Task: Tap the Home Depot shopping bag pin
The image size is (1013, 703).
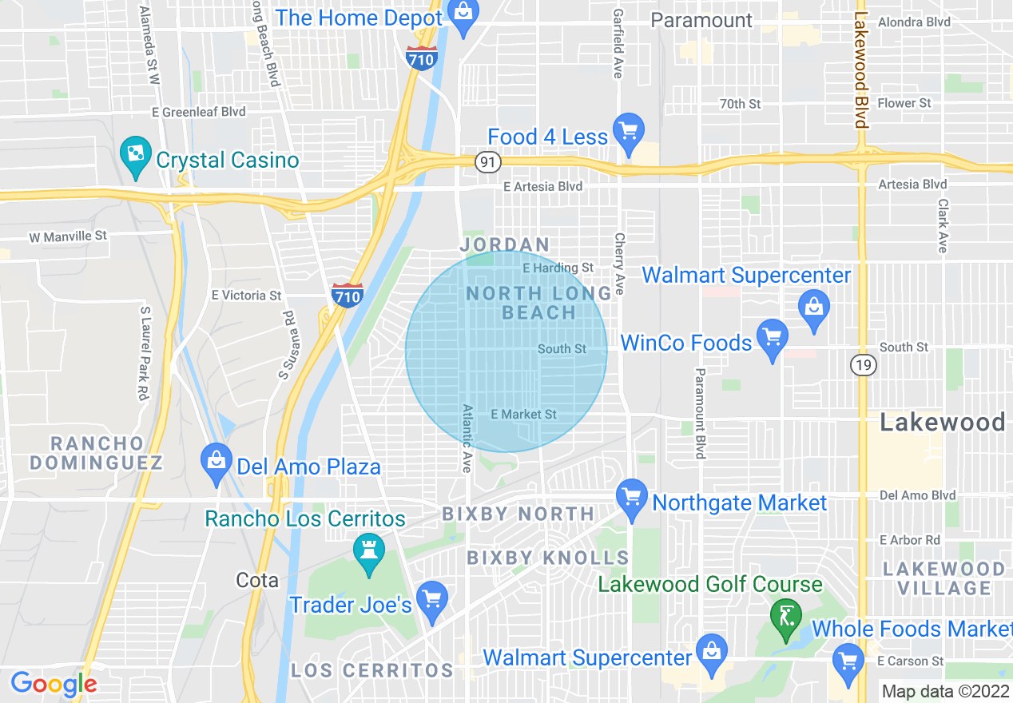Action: (x=463, y=14)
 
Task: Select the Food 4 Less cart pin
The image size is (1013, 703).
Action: (x=628, y=130)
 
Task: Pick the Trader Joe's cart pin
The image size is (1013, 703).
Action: (x=432, y=598)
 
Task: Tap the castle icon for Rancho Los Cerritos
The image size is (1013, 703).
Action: (x=369, y=551)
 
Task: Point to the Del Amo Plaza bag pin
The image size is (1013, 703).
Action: (x=217, y=461)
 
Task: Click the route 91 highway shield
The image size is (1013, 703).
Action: (x=487, y=162)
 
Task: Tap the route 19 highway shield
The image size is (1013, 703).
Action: (x=864, y=365)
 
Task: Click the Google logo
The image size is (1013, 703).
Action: (x=54, y=684)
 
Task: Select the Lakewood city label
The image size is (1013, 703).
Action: (x=942, y=423)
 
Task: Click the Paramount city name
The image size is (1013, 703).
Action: (x=702, y=20)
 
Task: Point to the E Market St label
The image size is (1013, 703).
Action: (x=523, y=415)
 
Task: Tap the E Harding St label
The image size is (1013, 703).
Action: (x=558, y=268)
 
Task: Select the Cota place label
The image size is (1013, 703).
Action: (x=257, y=580)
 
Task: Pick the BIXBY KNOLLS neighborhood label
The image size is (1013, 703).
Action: (x=547, y=558)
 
